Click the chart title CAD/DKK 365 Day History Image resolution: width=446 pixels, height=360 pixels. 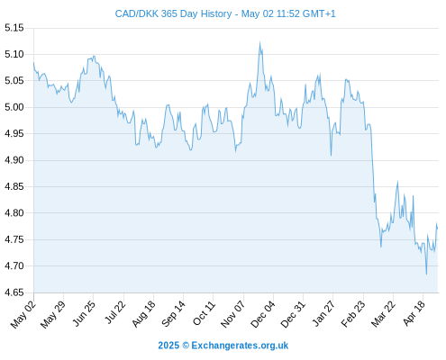173,13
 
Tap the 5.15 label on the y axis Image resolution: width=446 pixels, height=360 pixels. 14,28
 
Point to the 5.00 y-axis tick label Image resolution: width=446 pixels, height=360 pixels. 14,107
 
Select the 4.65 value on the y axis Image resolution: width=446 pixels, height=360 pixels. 14,292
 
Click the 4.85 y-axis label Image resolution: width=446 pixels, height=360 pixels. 14,186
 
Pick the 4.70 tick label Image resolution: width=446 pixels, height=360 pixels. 14,266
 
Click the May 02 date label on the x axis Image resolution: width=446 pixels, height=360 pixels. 23,314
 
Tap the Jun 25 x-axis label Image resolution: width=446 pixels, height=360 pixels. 84,313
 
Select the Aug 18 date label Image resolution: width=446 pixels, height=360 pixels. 143,314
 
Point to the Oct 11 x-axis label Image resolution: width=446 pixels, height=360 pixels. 204,313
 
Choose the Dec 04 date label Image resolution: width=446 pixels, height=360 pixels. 263,314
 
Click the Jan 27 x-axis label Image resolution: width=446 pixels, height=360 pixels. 323,313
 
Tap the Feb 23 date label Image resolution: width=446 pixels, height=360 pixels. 353,313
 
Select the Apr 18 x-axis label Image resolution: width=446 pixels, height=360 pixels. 414,313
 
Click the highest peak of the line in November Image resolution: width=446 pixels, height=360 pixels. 259,42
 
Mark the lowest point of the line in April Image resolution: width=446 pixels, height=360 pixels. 426,274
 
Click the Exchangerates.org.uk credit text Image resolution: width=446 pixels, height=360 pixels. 240,346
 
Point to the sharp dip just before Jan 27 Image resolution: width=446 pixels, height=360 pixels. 331,156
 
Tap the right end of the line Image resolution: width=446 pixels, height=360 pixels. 438,229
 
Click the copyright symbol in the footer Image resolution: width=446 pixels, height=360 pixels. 186,346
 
